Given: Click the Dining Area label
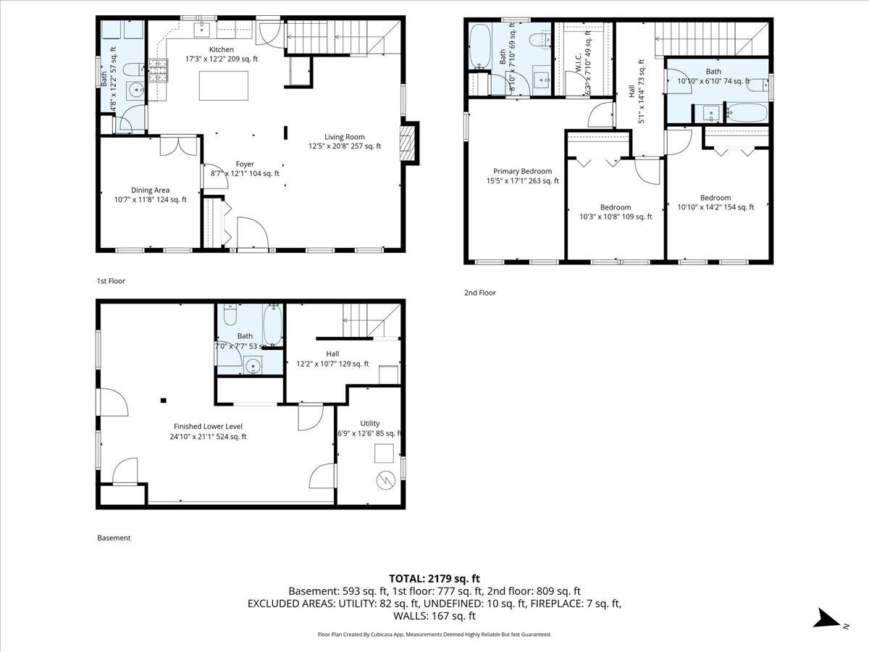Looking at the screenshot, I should point(151,190).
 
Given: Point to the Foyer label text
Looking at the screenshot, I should point(244,164).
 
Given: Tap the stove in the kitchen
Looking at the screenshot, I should point(157,70).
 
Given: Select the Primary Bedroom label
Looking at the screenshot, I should point(522,172).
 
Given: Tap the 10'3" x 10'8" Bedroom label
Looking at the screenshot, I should point(616,206).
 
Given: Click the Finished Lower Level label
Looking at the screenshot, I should point(208,426).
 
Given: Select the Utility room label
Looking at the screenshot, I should point(369,423).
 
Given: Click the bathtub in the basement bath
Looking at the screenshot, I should point(273,325).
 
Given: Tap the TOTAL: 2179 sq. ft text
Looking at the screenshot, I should point(434,578).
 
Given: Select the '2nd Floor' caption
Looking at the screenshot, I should point(480,293).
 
